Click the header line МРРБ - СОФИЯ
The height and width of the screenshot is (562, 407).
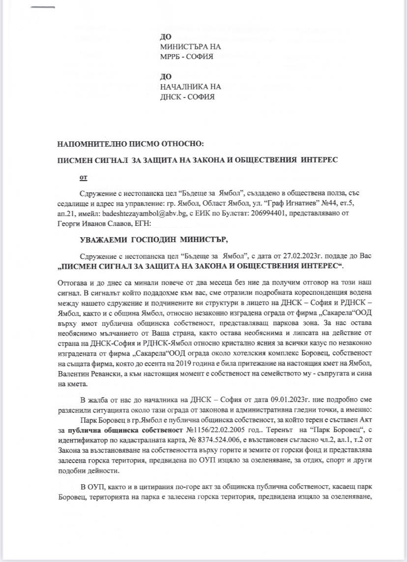[186, 57]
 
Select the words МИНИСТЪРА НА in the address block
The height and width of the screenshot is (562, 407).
[190, 47]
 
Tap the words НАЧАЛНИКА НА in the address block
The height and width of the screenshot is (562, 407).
[190, 87]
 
